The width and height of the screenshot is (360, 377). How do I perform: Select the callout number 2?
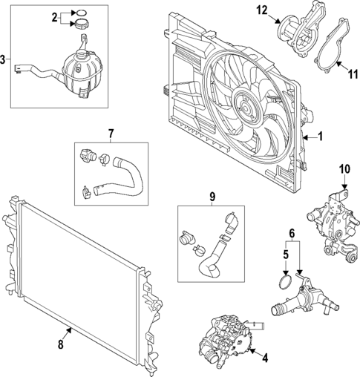54,16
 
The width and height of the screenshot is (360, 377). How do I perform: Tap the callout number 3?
4,59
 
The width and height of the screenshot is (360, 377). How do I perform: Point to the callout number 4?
265,358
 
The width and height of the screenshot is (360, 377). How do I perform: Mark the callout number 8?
60,344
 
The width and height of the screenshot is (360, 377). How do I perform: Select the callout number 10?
344,169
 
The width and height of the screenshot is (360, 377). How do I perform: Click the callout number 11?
353,73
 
